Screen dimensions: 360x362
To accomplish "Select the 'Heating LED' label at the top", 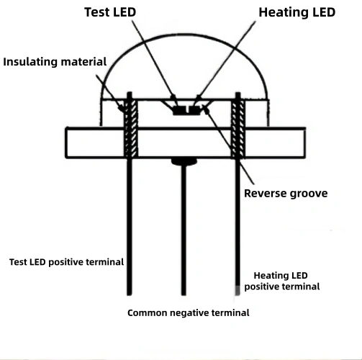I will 297,12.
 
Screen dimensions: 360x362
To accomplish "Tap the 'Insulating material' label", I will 55,61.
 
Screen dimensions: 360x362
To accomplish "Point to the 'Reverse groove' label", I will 286,193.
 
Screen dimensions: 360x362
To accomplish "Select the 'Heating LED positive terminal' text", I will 281,281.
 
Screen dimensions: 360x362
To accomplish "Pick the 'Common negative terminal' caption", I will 189,313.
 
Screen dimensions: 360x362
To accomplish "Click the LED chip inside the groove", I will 185,110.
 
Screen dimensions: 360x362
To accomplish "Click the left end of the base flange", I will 68,143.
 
